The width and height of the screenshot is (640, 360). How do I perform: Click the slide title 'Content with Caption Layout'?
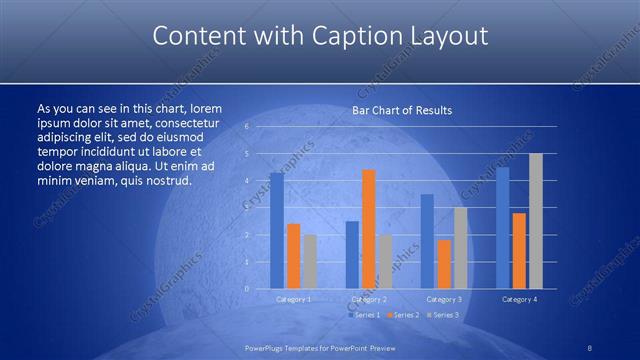(320, 37)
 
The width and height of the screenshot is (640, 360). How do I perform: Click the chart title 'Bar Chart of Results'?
(401, 109)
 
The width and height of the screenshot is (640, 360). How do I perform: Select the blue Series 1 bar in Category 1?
(276, 231)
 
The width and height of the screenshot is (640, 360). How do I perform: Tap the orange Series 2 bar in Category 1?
(293, 256)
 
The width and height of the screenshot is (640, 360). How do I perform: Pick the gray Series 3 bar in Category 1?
(310, 262)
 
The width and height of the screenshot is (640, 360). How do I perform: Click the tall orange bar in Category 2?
(368, 229)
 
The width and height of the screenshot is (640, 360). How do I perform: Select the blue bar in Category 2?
(352, 255)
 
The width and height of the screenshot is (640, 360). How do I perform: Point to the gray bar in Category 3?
(460, 249)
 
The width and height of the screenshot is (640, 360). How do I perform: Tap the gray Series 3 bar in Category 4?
(535, 221)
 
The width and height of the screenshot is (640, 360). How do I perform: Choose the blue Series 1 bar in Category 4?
(502, 228)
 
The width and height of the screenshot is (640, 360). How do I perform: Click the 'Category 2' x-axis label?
(368, 299)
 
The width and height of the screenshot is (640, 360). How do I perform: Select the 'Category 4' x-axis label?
(519, 299)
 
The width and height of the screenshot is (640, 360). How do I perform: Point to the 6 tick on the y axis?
(247, 127)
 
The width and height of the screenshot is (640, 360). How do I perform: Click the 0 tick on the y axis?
(247, 289)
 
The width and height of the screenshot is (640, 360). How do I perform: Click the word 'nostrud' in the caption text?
(167, 181)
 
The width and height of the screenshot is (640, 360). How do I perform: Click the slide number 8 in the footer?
(590, 346)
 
